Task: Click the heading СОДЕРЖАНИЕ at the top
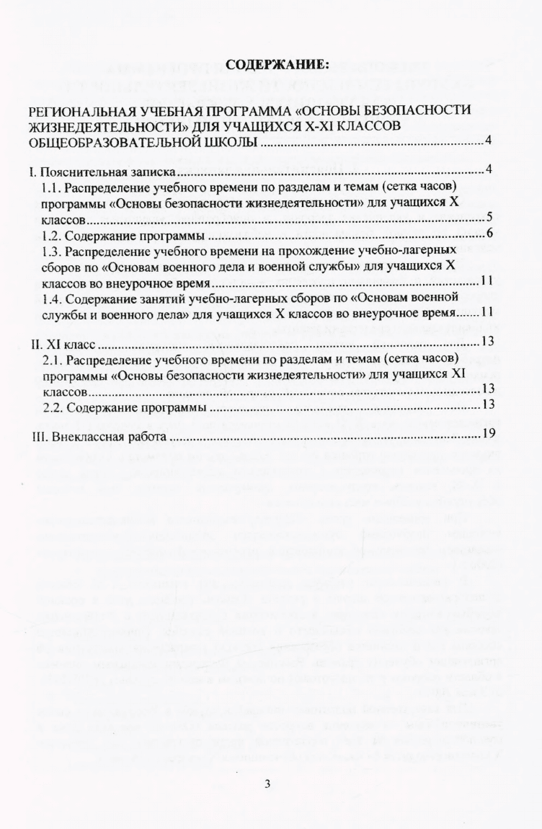tap(277, 65)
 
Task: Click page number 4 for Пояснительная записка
tap(488, 171)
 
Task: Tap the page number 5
tap(488, 216)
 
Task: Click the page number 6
tap(488, 232)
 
